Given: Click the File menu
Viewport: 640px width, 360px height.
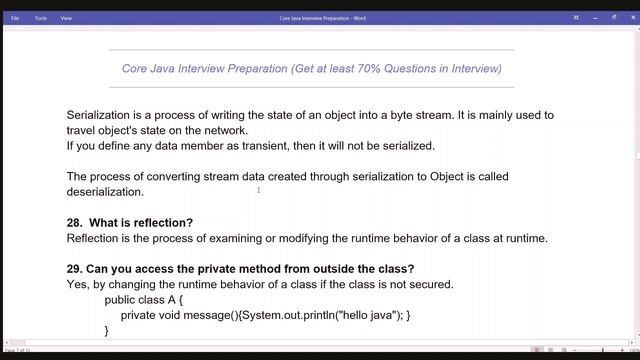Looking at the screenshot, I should click(15, 17).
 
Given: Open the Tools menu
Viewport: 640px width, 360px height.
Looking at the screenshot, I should click(40, 17).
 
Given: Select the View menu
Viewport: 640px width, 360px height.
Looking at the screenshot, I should click(66, 17).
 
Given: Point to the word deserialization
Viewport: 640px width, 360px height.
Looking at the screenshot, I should click(105, 192).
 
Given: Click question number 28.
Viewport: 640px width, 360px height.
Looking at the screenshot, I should click(74, 222).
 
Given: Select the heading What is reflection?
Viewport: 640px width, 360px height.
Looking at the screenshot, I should click(141, 222).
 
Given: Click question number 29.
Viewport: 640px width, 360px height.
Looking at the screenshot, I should click(74, 269).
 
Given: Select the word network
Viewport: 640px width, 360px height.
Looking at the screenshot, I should click(224, 130).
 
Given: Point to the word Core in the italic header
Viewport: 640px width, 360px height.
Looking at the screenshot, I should click(136, 69).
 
